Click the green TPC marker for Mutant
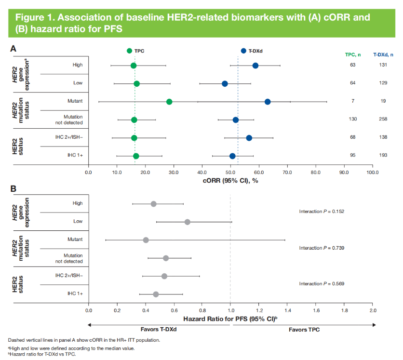(x=169, y=102)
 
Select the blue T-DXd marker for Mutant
(x=268, y=102)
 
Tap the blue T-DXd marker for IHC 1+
(x=232, y=156)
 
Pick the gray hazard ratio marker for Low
(x=188, y=222)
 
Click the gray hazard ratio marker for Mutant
(x=146, y=240)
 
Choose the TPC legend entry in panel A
(x=137, y=51)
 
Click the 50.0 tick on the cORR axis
(x=230, y=172)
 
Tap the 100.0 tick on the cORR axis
(x=372, y=172)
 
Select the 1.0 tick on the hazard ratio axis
(x=230, y=310)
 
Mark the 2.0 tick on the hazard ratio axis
(x=372, y=310)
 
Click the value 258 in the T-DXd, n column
(x=383, y=119)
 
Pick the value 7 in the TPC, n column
(x=353, y=102)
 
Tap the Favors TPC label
(x=304, y=330)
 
